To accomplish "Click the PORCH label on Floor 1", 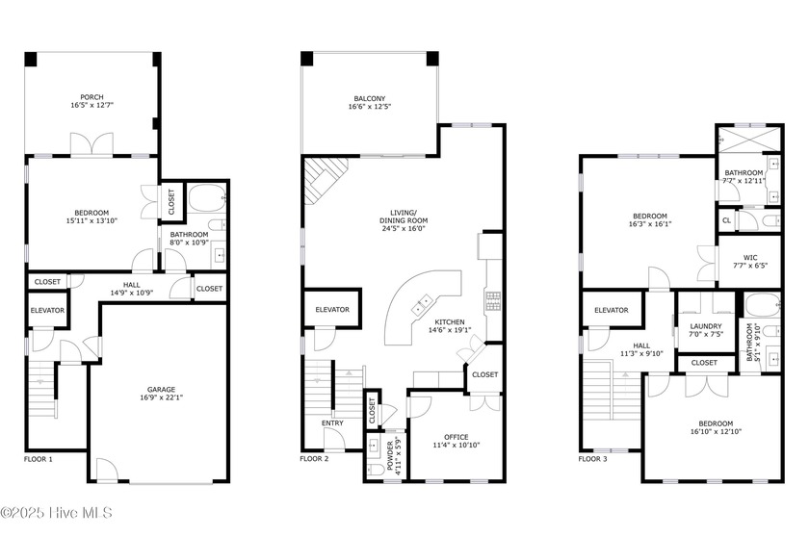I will click(x=91, y=97).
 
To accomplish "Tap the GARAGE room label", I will click(x=160, y=390).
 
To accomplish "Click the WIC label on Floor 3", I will click(x=749, y=257).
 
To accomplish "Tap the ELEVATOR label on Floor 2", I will click(x=332, y=310).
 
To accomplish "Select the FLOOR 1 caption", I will click(x=39, y=460).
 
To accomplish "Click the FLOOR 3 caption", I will click(x=593, y=460).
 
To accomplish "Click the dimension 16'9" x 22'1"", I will click(x=160, y=398).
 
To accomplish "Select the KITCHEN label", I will click(x=450, y=322).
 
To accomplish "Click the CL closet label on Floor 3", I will click(x=726, y=220).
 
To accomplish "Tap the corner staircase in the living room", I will click(x=324, y=182).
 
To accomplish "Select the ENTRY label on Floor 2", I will click(x=332, y=422).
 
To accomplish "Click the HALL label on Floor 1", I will click(x=125, y=284).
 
